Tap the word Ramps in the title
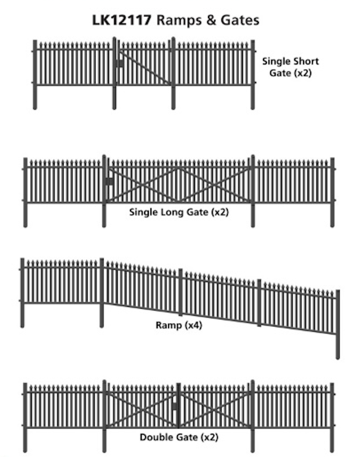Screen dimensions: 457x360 pos(179,20)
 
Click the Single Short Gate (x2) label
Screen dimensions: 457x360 pos(290,67)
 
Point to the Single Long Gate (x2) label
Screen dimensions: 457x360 pos(179,212)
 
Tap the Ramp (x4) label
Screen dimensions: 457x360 pos(179,326)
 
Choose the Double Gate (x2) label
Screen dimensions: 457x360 pos(179,437)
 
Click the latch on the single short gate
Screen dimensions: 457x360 pos(119,64)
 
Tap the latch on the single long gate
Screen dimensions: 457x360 pos(109,182)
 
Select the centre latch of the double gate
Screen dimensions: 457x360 pos(174,406)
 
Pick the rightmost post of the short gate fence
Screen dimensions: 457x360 pos(253,74)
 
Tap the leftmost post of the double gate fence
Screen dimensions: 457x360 pos(25,417)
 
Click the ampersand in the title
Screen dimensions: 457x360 pos(211,20)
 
